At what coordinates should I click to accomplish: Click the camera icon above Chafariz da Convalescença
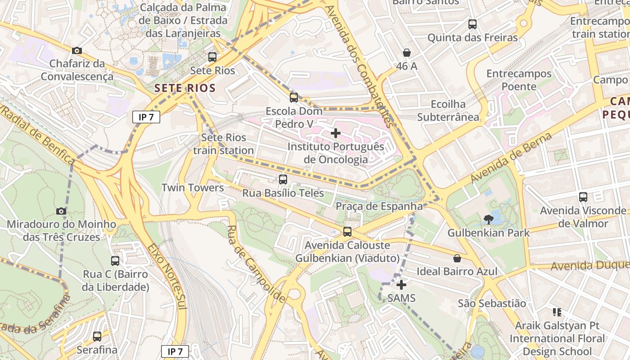(77, 50)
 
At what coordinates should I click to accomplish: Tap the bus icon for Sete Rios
(212, 57)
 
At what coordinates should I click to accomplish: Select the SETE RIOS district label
(185, 88)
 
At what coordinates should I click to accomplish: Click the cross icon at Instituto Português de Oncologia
(335, 133)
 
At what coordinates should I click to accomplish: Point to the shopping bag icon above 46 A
(407, 53)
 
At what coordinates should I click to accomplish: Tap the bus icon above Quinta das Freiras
(472, 24)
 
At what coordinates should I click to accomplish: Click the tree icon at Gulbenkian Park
(488, 220)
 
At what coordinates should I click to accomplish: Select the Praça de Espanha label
(379, 206)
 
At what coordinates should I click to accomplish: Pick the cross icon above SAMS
(401, 285)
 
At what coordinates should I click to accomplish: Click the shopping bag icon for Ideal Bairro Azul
(457, 258)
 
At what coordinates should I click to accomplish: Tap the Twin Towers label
(193, 188)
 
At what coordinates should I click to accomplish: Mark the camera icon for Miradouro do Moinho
(61, 211)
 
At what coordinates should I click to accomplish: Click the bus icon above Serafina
(97, 336)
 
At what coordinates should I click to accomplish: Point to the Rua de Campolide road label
(256, 264)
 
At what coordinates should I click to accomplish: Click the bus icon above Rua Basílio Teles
(283, 180)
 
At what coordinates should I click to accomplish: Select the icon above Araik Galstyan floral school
(557, 312)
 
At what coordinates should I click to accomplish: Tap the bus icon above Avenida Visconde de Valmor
(583, 197)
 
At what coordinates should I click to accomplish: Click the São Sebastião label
(492, 303)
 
